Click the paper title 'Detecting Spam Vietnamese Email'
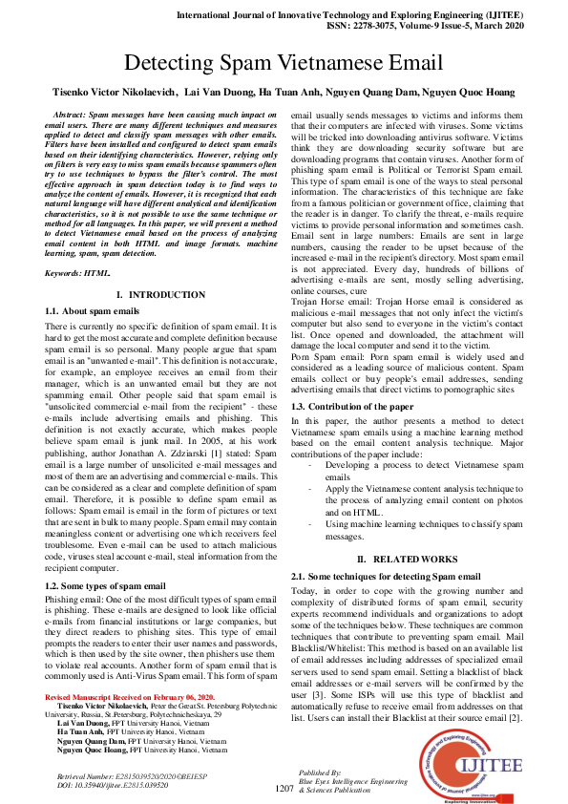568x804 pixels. click(x=284, y=63)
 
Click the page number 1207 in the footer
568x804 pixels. click(x=284, y=789)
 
